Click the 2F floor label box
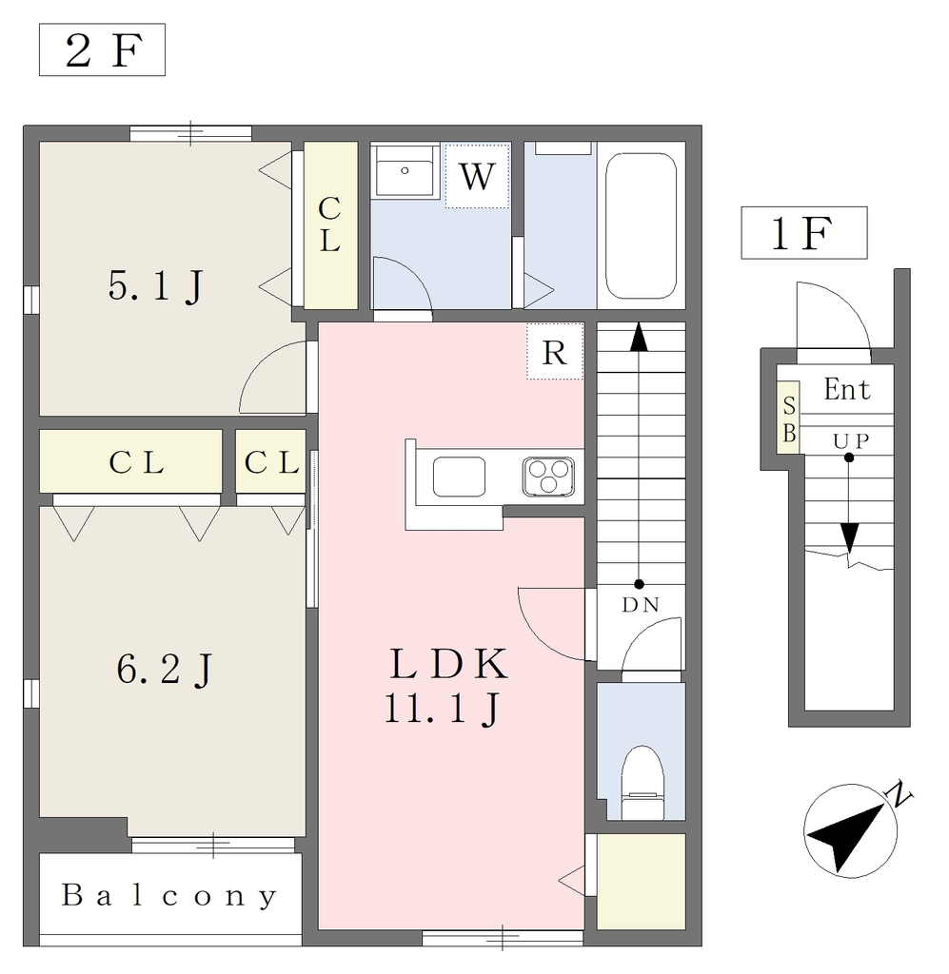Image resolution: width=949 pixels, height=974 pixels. (x=102, y=49)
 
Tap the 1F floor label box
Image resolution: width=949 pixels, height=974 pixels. (x=803, y=233)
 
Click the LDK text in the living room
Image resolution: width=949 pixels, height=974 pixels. (x=448, y=664)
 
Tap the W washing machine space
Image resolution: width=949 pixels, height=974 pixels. (x=477, y=176)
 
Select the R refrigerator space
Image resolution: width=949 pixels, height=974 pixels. (x=554, y=352)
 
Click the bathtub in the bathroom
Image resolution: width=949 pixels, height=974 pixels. (x=641, y=226)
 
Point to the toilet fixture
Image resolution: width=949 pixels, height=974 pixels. (x=643, y=783)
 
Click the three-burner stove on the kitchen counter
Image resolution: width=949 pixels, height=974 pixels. (x=548, y=477)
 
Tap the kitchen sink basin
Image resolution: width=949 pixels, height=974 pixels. (x=459, y=477)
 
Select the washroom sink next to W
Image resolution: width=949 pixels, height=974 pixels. (x=405, y=171)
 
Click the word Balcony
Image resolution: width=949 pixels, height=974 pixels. (x=169, y=896)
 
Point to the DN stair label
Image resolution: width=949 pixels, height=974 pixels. (x=641, y=604)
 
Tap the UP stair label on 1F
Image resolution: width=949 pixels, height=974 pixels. (x=851, y=441)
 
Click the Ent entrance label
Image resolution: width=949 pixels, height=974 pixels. (x=846, y=390)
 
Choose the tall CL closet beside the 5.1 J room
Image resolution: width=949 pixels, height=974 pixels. (x=330, y=224)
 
